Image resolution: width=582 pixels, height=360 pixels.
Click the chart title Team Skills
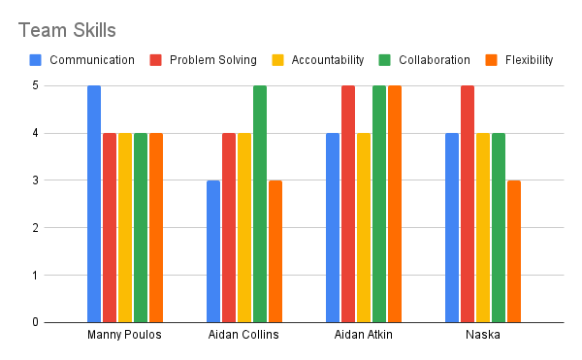tap(67, 29)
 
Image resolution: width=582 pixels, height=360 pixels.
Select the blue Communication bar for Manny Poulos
tap(94, 204)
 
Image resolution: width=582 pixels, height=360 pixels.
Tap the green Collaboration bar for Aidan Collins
tap(260, 204)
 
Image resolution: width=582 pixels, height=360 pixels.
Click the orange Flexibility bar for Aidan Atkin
tap(395, 204)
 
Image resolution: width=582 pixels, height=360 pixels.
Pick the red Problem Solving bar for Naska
tap(468, 204)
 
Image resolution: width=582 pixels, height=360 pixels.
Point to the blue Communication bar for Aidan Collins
tap(213, 251)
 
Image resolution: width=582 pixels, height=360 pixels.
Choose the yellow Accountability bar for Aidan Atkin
tap(364, 228)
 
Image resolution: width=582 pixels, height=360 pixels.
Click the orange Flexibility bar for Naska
tap(514, 251)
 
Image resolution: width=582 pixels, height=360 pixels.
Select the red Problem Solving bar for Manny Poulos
tap(110, 228)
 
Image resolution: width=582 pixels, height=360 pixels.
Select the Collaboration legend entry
tap(427, 60)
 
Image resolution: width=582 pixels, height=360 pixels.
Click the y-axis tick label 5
tap(37, 85)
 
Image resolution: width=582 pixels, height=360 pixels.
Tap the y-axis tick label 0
tap(37, 322)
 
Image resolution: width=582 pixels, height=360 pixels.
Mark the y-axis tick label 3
tap(37, 180)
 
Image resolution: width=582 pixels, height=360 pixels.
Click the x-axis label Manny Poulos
tap(124, 336)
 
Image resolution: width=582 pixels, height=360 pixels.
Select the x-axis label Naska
tap(482, 336)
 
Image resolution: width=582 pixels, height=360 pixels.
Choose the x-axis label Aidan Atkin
tap(363, 336)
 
